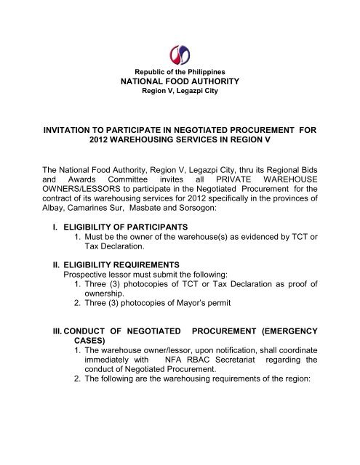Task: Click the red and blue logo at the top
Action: pyautogui.click(x=180, y=54)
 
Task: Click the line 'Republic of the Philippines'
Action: pyautogui.click(x=180, y=75)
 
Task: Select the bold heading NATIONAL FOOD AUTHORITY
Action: pyautogui.click(x=180, y=84)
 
